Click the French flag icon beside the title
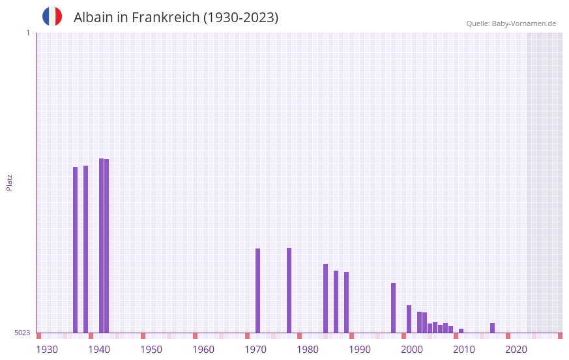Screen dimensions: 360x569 [x=52, y=16]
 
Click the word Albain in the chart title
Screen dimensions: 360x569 [x=93, y=18]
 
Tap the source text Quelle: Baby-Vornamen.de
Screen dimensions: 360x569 [x=511, y=23]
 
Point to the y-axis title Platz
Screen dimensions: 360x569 [x=9, y=182]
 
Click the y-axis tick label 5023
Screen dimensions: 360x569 [x=22, y=333]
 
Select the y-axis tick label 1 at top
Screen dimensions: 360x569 [x=27, y=33]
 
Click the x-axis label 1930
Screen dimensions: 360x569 [x=47, y=350]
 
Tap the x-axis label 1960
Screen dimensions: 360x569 [x=203, y=350]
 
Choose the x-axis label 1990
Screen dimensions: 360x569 [x=360, y=350]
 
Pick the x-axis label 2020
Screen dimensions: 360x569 [x=516, y=350]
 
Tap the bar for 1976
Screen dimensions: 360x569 [x=289, y=290]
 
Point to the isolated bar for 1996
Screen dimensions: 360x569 [x=393, y=308]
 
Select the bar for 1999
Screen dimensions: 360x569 [x=409, y=319]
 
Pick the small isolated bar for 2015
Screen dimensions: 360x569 [x=492, y=327]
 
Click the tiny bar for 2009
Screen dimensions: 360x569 [x=461, y=331]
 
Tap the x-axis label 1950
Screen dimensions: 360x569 [x=151, y=350]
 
